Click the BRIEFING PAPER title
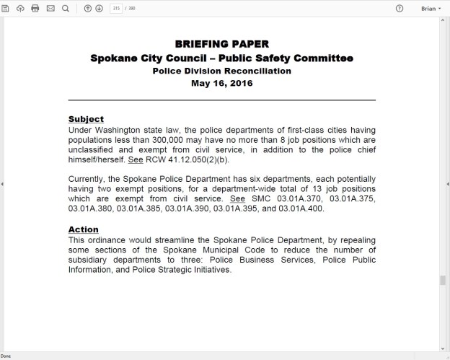tap(221, 44)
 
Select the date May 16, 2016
tap(221, 83)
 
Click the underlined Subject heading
tap(86, 119)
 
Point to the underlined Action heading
tap(83, 229)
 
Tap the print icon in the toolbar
tap(35, 8)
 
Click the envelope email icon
tap(50, 8)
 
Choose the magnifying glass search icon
tap(66, 8)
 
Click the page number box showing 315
tap(116, 8)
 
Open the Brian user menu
tap(431, 8)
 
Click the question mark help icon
tap(400, 8)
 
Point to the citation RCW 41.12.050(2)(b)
tap(183, 159)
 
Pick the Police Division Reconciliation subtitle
tap(221, 71)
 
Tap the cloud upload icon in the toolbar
tap(20, 8)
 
